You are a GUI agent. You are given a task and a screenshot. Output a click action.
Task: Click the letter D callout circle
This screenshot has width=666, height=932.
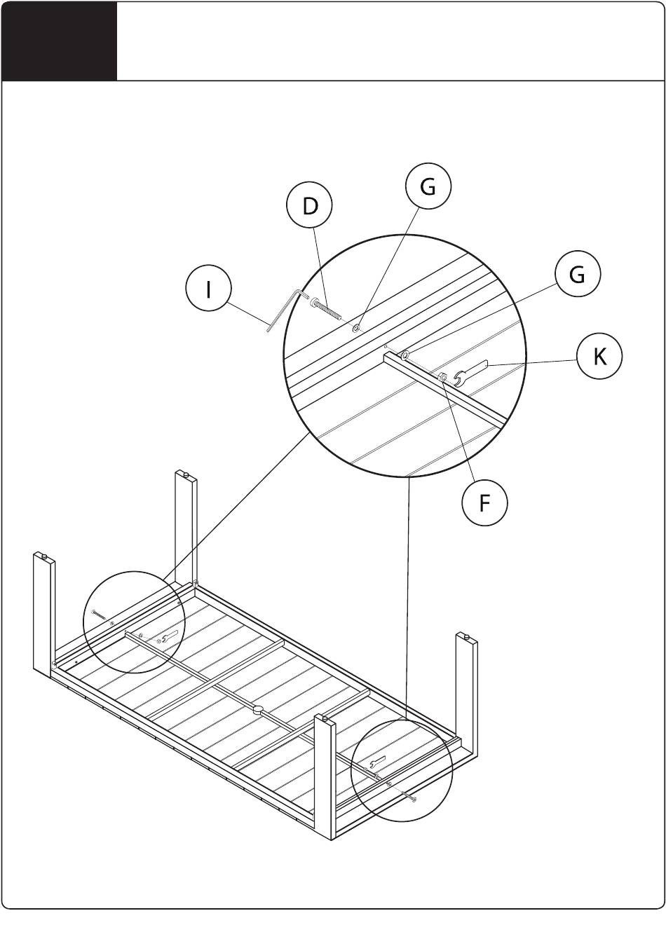pos(310,205)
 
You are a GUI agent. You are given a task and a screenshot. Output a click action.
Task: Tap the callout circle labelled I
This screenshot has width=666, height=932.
pos(208,289)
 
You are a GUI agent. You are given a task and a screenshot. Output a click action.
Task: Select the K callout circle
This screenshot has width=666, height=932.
pos(599,357)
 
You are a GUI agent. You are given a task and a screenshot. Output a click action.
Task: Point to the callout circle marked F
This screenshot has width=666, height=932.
pos(484,503)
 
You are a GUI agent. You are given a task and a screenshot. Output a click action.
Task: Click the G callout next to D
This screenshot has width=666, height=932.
pos(428,186)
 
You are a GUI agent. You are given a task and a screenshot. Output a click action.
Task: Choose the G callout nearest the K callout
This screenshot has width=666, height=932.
pos(577,275)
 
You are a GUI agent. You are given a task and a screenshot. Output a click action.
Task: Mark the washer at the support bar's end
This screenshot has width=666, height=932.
pos(405,355)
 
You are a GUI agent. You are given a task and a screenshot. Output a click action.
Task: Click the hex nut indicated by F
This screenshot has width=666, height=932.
pos(442,377)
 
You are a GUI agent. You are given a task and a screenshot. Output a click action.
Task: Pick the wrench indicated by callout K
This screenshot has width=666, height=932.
pos(471,374)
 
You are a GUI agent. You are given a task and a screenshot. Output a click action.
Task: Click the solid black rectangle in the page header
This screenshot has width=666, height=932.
pos(60,41)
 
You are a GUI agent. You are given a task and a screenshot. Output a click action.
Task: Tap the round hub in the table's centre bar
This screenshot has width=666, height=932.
pos(258,711)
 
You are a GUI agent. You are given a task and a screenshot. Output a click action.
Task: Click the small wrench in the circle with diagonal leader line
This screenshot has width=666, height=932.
pos(170,647)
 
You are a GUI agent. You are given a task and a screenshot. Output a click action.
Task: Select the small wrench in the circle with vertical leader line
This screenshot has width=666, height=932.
pos(378,761)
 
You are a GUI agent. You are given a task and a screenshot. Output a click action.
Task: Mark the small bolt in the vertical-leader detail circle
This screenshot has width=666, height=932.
pos(409,797)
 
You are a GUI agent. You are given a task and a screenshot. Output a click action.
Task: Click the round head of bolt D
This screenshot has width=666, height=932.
pos(314,303)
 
